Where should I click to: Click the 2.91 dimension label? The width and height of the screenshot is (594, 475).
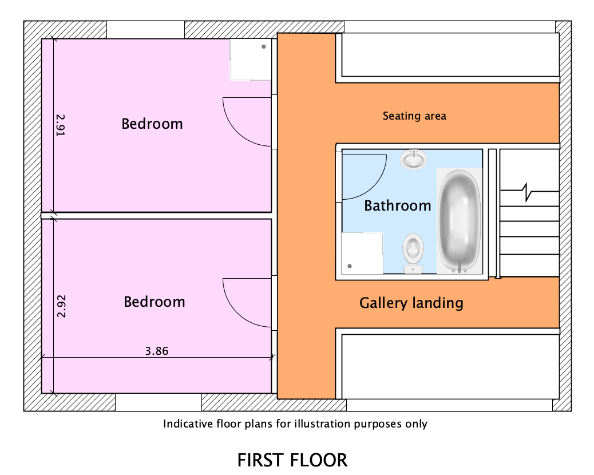click(61, 125)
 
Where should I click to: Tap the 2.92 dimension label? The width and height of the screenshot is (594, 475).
click(61, 306)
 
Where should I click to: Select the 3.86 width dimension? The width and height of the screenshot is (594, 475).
click(157, 351)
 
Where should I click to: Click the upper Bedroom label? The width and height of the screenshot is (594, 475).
click(152, 124)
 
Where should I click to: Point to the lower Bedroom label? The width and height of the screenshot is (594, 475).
click(154, 302)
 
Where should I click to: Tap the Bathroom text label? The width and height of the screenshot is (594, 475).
click(397, 205)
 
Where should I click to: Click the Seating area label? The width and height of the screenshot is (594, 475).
click(414, 116)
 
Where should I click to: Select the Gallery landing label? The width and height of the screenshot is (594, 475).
click(411, 303)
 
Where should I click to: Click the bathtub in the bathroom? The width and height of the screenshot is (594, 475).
click(459, 221)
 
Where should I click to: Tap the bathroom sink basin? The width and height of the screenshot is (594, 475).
click(414, 159)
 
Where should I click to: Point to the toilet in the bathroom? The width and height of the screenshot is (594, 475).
click(413, 253)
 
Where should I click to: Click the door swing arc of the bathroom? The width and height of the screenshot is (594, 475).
click(374, 187)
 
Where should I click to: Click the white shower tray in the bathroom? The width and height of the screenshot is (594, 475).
click(362, 253)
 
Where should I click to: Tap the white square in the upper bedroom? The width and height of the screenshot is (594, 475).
click(251, 60)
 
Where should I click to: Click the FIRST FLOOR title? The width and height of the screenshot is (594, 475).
click(292, 460)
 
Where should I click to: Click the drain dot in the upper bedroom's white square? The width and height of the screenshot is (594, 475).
click(264, 46)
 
